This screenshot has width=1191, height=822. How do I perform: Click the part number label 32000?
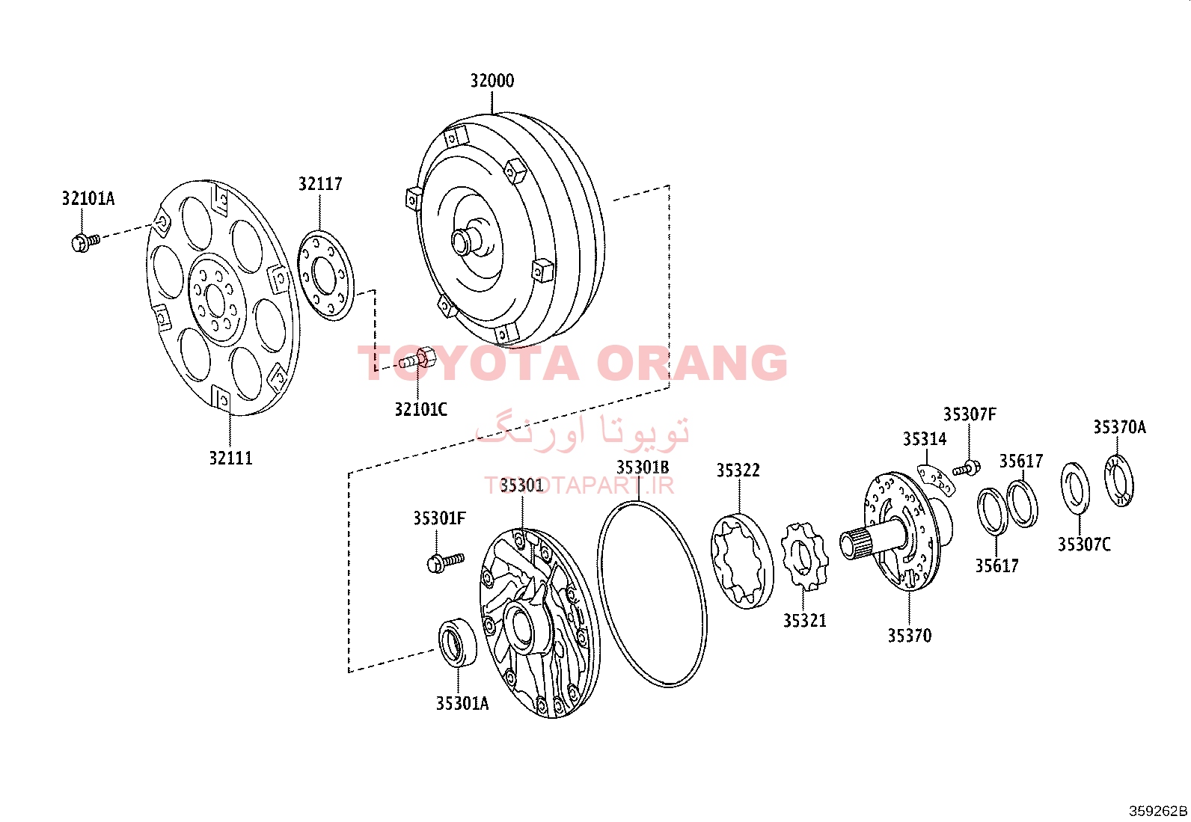click(x=492, y=81)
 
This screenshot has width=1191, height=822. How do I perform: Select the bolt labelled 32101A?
click(x=85, y=242)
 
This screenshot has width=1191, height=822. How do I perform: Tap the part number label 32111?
click(x=230, y=458)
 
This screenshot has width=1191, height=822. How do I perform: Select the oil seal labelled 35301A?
click(x=457, y=642)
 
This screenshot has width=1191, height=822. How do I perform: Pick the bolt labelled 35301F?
click(x=446, y=562)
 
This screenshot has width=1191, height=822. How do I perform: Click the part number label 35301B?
click(x=643, y=467)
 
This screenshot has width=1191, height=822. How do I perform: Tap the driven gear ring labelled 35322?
click(x=742, y=560)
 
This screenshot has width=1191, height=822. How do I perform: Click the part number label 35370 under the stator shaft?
click(x=909, y=635)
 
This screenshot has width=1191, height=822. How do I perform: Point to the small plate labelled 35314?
click(x=937, y=480)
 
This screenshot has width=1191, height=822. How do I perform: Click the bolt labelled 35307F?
click(x=967, y=468)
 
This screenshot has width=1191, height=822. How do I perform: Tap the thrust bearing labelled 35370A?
click(x=1119, y=481)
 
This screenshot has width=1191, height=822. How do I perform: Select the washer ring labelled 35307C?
click(x=1075, y=489)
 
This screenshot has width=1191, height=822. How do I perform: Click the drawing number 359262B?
click(x=1158, y=812)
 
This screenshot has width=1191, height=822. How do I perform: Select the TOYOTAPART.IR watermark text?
click(x=579, y=485)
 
